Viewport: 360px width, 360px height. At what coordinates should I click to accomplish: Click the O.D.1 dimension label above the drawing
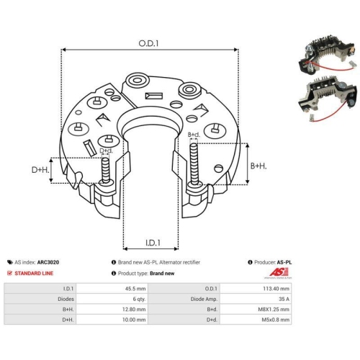148,43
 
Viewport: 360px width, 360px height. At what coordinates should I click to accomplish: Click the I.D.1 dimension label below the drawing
153,243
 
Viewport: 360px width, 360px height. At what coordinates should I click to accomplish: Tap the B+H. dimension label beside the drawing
258,166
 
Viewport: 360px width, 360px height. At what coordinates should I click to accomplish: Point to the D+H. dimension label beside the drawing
40,170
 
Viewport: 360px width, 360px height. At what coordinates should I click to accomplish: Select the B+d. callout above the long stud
194,135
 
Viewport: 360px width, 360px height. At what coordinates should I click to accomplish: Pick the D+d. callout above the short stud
106,150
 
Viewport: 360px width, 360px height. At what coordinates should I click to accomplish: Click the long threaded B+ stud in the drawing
194,164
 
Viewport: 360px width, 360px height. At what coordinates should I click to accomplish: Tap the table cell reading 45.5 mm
135,289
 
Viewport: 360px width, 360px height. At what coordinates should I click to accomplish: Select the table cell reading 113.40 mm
276,289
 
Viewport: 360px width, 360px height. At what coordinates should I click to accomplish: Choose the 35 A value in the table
284,299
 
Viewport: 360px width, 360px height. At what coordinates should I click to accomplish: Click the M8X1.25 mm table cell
274,310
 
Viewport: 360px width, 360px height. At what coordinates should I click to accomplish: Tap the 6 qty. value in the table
139,299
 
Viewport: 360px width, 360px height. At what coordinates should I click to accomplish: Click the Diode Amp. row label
204,299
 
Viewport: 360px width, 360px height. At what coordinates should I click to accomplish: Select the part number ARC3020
48,262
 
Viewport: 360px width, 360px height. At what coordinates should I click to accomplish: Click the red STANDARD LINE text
34,273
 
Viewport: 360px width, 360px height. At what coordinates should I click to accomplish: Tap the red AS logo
279,272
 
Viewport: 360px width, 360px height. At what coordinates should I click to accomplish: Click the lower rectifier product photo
327,99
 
